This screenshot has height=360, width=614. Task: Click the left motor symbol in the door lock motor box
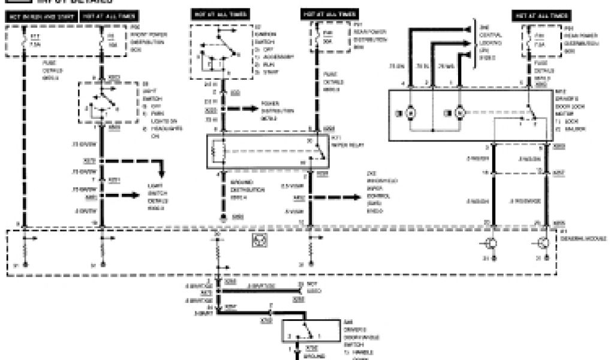tap(411, 112)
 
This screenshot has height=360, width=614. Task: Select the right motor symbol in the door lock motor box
tap(460, 112)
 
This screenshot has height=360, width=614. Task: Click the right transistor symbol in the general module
tap(544, 243)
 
